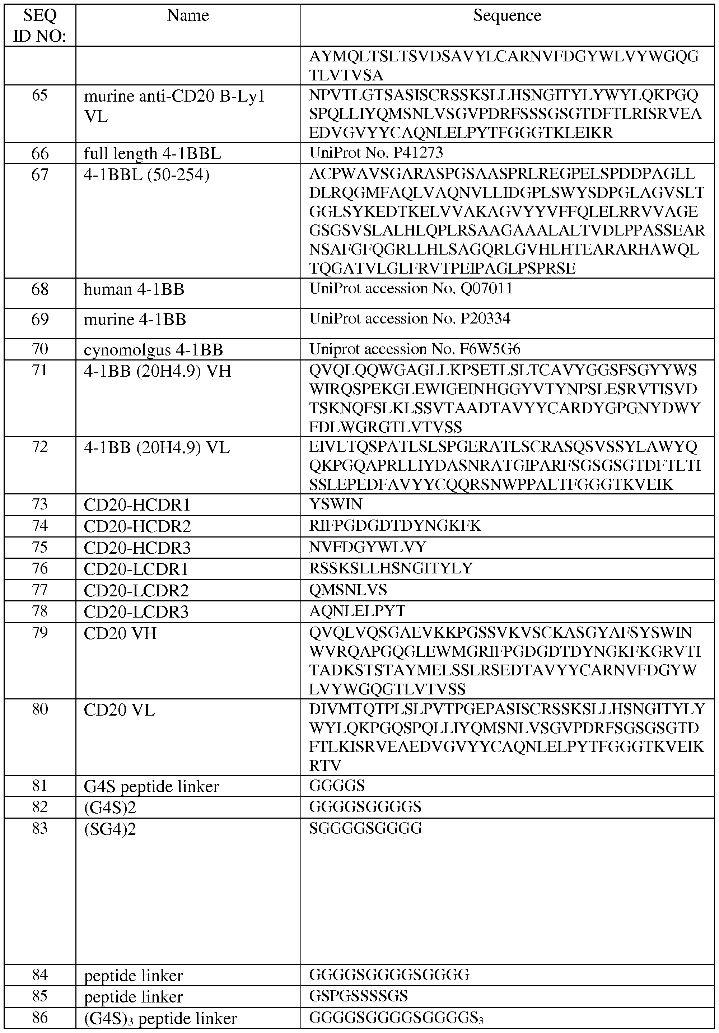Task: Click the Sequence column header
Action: point(507,16)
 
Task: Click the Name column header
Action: point(188,16)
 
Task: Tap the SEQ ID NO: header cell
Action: point(40,25)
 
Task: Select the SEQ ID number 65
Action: point(40,96)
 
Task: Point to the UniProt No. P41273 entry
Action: point(376,153)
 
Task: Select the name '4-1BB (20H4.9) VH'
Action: point(157,371)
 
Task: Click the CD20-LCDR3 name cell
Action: point(136,612)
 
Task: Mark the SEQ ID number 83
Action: point(40,828)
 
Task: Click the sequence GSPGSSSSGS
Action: point(358,996)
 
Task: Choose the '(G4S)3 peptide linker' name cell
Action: point(160,1018)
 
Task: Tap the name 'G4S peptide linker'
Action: point(151,786)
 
